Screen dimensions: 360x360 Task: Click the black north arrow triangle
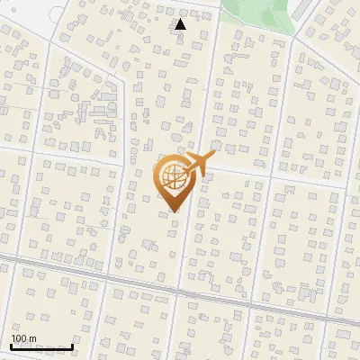click(x=181, y=24)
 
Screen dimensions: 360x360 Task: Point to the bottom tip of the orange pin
click(x=173, y=211)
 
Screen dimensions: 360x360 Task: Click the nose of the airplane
click(x=214, y=155)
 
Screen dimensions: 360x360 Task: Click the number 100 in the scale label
click(x=19, y=338)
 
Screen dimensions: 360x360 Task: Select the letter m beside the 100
click(x=32, y=338)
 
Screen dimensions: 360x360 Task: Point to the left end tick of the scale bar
click(x=12, y=346)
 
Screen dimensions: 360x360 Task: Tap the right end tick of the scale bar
click(x=72, y=346)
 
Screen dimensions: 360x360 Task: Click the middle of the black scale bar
click(x=41, y=347)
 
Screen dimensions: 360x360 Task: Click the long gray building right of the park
click(x=306, y=13)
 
